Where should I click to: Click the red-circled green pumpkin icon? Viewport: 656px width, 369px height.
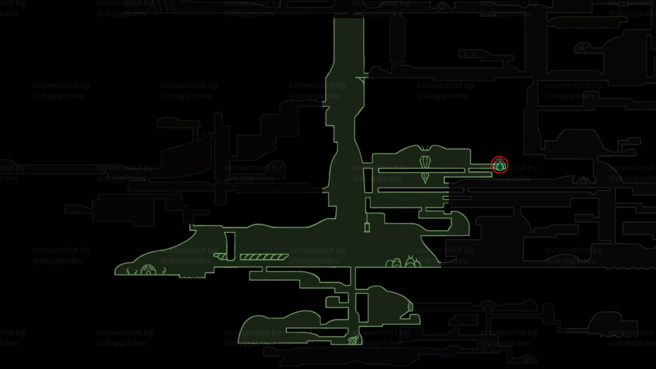pos(500,165)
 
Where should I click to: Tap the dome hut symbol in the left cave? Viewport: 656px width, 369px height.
pos(148,270)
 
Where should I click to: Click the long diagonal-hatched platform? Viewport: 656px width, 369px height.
pos(264,257)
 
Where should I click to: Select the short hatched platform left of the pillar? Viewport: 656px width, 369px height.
pos(220,256)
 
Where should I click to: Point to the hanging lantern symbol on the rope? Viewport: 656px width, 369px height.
pos(367,227)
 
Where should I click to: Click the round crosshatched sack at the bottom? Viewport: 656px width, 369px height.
pos(353,340)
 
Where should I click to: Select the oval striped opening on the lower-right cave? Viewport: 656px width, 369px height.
pos(410,307)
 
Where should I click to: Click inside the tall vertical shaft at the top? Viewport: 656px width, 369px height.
pos(349,42)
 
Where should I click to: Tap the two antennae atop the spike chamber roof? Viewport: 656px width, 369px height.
pos(425,147)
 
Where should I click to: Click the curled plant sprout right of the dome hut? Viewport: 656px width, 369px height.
pos(164,271)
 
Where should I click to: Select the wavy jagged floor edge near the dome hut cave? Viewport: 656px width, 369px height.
pos(192,277)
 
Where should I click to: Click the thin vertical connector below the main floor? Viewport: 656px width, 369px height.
pos(353,277)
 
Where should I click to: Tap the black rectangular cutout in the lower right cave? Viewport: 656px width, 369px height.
pos(362,307)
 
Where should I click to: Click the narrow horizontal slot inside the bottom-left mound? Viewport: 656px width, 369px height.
pos(316,330)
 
